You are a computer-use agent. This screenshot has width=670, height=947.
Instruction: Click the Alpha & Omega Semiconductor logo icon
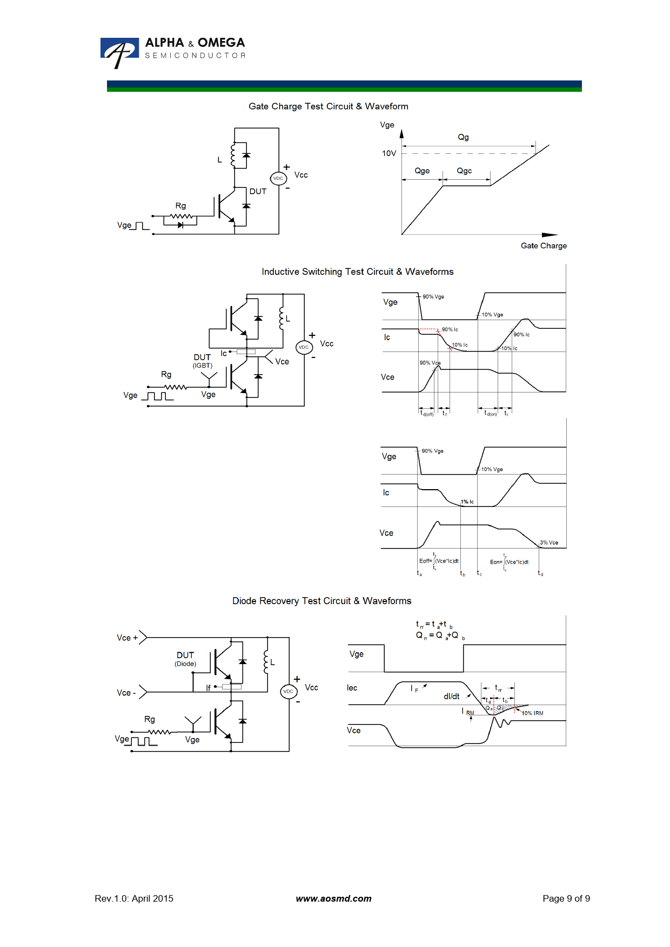119,52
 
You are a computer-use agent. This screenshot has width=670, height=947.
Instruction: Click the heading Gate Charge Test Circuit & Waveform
328,106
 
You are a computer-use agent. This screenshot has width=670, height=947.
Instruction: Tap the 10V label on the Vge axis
389,153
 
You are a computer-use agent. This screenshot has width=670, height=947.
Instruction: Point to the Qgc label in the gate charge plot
464,171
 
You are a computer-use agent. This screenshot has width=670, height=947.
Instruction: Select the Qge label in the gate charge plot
422,171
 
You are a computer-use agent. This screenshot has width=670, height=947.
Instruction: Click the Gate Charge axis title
544,246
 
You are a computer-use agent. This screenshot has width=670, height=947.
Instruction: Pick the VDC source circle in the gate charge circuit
278,178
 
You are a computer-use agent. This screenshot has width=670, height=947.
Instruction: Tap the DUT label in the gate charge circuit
258,191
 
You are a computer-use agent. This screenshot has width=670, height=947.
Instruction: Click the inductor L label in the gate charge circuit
219,160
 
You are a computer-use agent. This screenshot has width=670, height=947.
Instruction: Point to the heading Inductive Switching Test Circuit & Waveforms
357,272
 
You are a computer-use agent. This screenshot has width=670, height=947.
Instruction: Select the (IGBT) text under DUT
203,366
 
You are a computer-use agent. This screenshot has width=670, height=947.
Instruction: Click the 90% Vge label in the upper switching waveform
433,296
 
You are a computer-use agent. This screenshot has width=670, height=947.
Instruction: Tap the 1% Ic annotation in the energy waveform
467,502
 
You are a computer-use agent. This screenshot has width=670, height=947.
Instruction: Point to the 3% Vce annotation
549,543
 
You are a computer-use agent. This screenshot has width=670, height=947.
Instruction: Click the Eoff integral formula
439,561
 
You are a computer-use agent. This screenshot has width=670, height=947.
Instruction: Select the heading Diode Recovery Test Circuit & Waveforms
321,601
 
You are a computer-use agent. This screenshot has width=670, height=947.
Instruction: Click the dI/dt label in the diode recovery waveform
452,696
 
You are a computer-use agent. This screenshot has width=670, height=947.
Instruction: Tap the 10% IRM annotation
532,713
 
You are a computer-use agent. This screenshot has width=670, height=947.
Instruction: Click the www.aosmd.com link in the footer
333,898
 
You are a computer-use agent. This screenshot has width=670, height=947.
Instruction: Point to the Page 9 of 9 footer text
566,898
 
